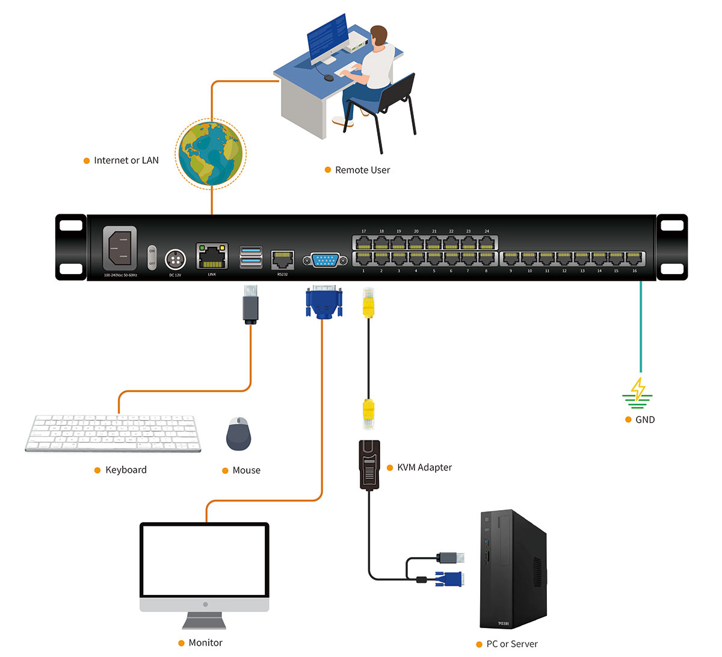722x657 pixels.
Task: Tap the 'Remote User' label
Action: point(362,170)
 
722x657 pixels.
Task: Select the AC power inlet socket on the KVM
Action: point(120,248)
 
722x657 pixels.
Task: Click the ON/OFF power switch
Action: point(152,257)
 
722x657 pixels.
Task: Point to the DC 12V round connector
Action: point(175,260)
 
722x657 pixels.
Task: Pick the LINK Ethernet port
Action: point(212,257)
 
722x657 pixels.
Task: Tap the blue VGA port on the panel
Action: point(325,260)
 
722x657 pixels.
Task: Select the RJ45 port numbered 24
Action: point(486,243)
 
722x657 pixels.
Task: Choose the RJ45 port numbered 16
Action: point(634,259)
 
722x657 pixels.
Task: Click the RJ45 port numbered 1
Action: point(363,259)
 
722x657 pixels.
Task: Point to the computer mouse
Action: point(239,434)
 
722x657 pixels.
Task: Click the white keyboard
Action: point(113,432)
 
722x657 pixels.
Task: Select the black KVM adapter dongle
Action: point(369,464)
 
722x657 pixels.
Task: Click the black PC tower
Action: point(512,570)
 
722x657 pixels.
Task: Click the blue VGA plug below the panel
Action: point(324,302)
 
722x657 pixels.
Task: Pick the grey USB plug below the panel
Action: point(251,304)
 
